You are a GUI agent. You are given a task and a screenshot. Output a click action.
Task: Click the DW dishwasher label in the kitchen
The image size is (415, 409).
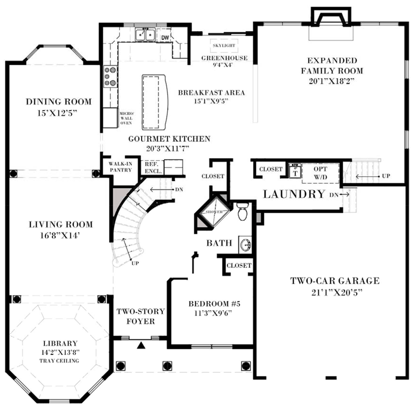coord(165,38)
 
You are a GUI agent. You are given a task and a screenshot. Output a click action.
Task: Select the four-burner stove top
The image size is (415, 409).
coord(110,77)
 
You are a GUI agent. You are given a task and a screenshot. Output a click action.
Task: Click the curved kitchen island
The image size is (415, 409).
coord(153,102)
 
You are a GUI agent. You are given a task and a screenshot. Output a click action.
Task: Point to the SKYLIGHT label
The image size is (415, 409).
coord(224,46)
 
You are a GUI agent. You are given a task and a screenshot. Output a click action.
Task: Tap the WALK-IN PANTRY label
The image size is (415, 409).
coord(121,167)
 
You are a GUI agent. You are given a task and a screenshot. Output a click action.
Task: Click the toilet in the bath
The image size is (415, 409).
coord(243,212)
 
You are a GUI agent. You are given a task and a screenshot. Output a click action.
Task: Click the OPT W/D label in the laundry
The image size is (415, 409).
coord(321,173)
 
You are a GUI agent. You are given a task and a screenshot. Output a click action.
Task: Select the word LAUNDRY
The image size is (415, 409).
coord(294,194)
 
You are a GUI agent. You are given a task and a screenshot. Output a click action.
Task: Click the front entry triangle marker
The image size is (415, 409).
coord(142,345)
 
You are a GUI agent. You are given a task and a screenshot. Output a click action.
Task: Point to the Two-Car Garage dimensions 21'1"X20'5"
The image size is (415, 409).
coord(334,292)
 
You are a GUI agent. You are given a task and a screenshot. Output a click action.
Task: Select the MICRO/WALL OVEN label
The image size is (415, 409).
coord(126,117)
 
